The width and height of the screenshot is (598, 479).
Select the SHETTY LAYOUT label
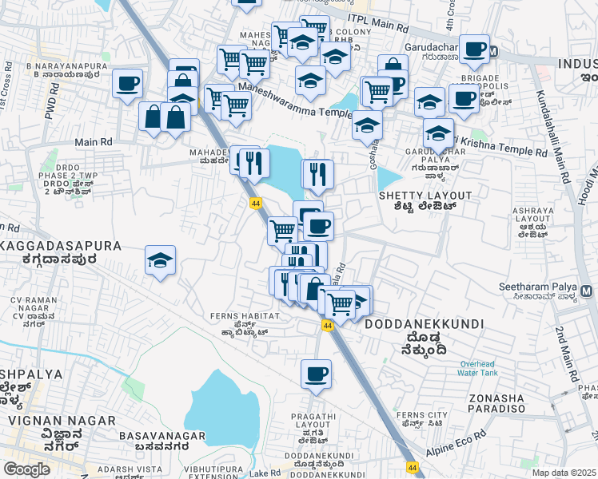coord(421,195)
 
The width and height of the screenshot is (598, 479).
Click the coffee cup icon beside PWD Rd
coord(128,83)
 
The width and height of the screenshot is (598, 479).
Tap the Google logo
coord(26,469)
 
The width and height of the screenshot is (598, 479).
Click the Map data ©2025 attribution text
coord(564,473)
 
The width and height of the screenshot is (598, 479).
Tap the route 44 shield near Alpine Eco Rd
coord(412,467)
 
